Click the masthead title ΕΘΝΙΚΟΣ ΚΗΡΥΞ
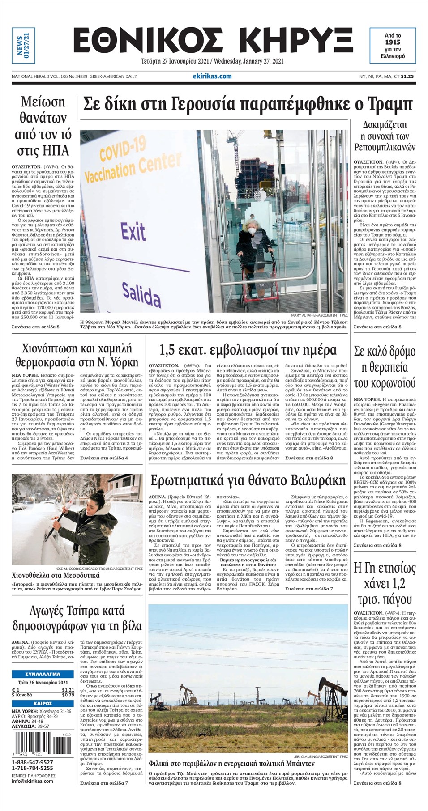[x=213, y=41]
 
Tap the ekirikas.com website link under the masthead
[x=212, y=76]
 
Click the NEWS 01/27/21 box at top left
[x=23, y=45]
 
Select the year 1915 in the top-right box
[x=393, y=42]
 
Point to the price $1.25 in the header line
[x=407, y=76]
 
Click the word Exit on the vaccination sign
[x=133, y=232]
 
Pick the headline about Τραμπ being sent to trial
[x=248, y=105]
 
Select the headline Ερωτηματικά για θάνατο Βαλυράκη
[x=248, y=481]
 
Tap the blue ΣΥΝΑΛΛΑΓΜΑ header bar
[x=43, y=674]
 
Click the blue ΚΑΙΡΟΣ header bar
[x=43, y=704]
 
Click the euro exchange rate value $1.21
[x=68, y=690]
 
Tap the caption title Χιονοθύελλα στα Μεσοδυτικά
[x=56, y=575]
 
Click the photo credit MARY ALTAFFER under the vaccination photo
[x=319, y=315]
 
